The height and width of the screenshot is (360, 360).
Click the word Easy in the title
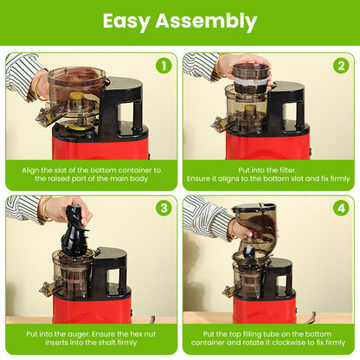pyautogui.click(x=131, y=22)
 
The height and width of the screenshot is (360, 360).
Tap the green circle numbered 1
pyautogui.click(x=163, y=66)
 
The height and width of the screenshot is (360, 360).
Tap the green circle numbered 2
pyautogui.click(x=340, y=66)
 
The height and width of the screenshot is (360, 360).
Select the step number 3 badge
pyautogui.click(x=163, y=209)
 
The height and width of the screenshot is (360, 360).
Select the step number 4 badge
pyautogui.click(x=340, y=209)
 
